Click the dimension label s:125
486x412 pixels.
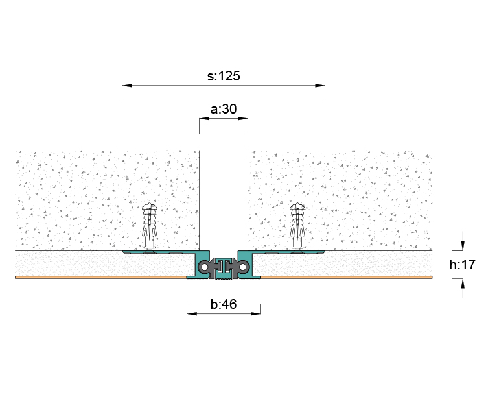[x=224, y=76]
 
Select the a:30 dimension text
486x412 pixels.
[x=224, y=109]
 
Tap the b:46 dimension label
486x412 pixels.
[x=224, y=304]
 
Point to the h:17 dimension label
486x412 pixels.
[x=463, y=265]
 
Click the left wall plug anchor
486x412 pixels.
[x=150, y=226]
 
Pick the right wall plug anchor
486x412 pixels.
[x=297, y=226]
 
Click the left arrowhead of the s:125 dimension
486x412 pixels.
[x=127, y=85]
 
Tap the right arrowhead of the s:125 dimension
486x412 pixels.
[x=320, y=85]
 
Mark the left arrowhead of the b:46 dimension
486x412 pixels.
[x=192, y=313]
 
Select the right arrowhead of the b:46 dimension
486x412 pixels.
[x=256, y=313]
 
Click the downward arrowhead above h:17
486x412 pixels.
[x=463, y=246]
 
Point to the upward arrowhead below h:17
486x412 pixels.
[x=463, y=284]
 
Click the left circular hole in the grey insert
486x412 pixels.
[x=204, y=267]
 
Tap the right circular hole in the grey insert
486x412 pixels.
[x=243, y=267]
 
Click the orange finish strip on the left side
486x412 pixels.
[x=100, y=277]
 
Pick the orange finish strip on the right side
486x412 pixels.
[x=347, y=277]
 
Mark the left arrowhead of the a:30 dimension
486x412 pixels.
[x=204, y=118]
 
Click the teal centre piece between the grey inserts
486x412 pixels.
[x=224, y=267]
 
